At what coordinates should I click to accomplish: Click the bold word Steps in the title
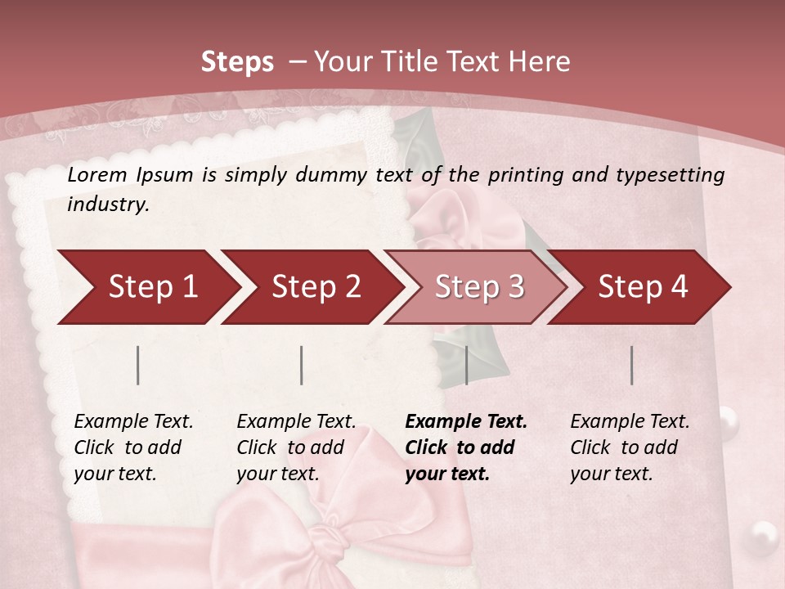pos(237,62)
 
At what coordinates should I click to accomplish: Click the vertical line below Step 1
pos(138,365)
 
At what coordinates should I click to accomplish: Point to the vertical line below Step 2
pos(302,365)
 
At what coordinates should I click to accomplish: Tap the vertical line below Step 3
pos(466,365)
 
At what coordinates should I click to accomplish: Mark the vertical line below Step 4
pos(632,365)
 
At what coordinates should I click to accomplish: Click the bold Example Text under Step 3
pos(466,422)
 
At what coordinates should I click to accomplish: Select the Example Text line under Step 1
pos(133,422)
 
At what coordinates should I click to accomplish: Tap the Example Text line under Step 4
pos(630,422)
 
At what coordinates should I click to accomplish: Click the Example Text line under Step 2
pos(296,422)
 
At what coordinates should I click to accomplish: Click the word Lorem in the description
pos(97,174)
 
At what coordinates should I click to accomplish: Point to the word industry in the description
pos(108,205)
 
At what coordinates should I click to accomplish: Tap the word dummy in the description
pos(333,174)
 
